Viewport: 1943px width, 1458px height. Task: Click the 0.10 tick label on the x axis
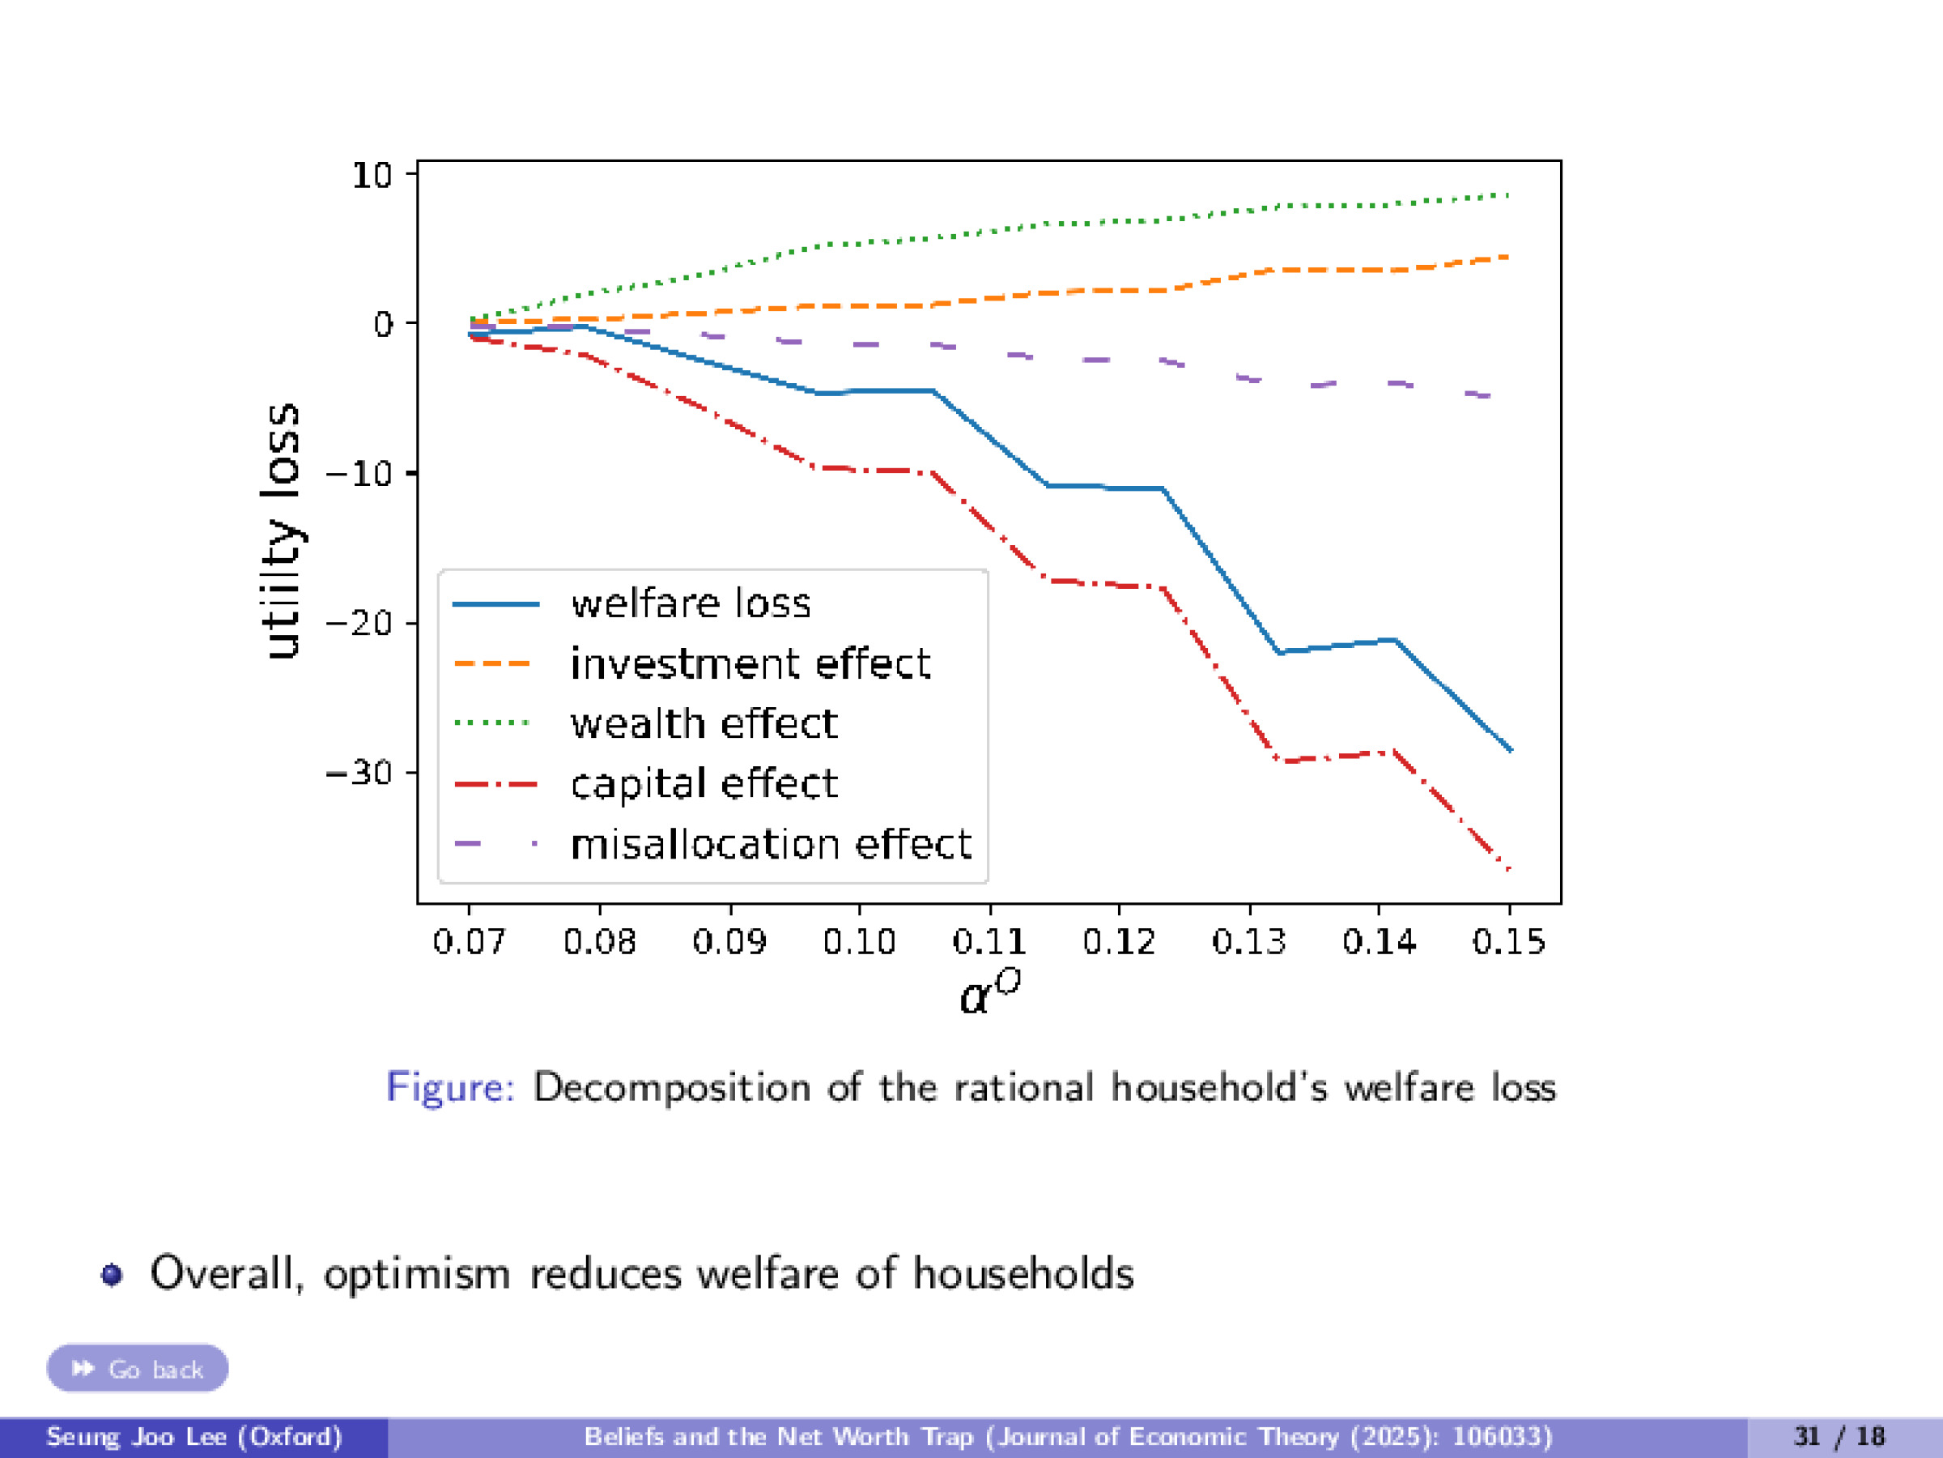(858, 942)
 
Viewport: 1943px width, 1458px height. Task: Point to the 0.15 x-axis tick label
(1508, 942)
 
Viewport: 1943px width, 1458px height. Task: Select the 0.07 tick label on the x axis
(469, 942)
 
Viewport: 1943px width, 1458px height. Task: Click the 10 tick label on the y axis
(372, 176)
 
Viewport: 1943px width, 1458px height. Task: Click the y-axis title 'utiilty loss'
(283, 531)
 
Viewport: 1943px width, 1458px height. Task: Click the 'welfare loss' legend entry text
(691, 603)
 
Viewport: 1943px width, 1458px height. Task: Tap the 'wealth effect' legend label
(704, 724)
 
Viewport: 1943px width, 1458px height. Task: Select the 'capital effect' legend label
(704, 784)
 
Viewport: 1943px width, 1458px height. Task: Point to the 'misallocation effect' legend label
(771, 845)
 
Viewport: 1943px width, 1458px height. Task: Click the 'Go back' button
(138, 1368)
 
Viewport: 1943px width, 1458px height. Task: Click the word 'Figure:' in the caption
(451, 1087)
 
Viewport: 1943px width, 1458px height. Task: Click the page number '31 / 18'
(1839, 1437)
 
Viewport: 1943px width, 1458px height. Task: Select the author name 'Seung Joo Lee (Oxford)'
(194, 1437)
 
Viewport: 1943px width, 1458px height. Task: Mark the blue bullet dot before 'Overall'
(112, 1274)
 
